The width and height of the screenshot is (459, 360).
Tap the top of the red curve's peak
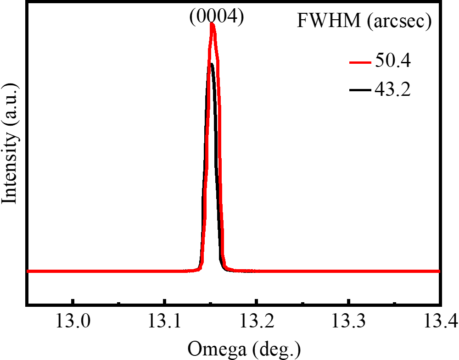point(212,25)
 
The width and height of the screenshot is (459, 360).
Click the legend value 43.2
point(392,89)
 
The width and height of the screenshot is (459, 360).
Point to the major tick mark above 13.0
point(73,301)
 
